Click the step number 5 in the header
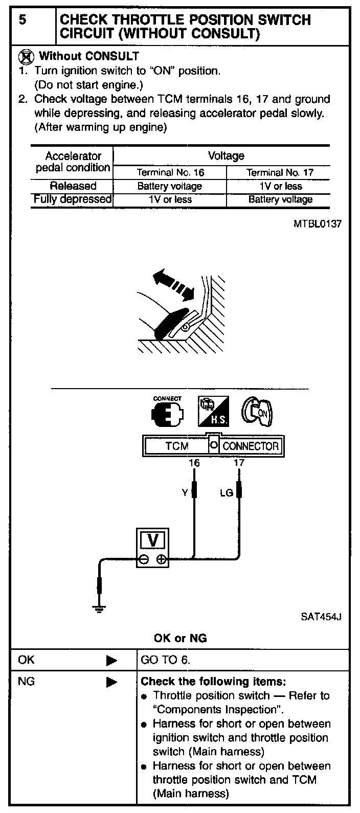(x=22, y=20)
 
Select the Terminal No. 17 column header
(x=280, y=173)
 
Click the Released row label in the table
(x=73, y=186)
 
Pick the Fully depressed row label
(x=72, y=199)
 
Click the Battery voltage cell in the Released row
(x=170, y=186)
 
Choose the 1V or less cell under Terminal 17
(x=280, y=186)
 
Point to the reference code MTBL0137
(x=317, y=224)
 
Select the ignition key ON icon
(x=258, y=412)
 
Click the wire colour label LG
(x=226, y=493)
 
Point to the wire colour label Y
(x=185, y=493)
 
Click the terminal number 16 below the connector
(x=194, y=463)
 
